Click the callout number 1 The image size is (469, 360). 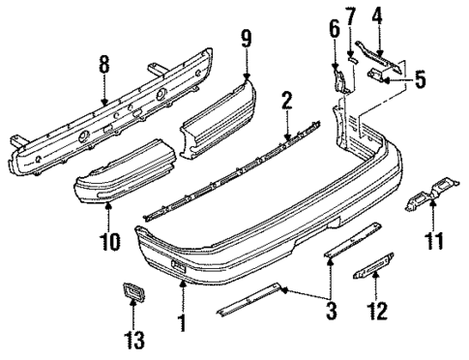pos(181,316)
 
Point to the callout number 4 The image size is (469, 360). pos(378,16)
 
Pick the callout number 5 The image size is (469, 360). pos(419,80)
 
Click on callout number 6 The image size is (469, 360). pos(335,30)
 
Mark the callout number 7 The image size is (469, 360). pos(351,16)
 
